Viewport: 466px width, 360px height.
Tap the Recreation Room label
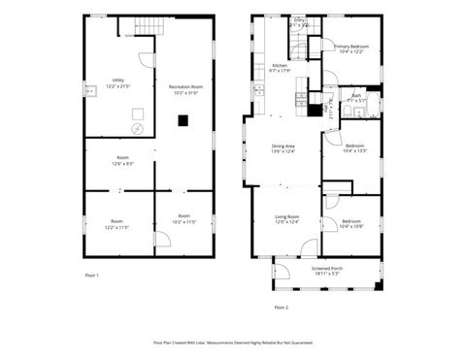pos(184,90)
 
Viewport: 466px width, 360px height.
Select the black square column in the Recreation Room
pos(183,121)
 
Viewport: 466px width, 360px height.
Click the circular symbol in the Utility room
pos(137,128)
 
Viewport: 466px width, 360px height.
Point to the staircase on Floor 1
pos(137,30)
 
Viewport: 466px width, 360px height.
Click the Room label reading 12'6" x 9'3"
pos(123,160)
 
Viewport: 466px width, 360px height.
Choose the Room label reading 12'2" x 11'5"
pos(117,222)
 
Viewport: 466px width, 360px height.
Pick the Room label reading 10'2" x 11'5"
pos(184,218)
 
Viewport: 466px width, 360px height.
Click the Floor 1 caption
pos(92,276)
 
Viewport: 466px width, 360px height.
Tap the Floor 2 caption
pos(281,307)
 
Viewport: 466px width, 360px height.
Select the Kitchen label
pos(280,68)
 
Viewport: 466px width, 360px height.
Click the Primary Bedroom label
pos(351,49)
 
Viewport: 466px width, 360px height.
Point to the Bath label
pos(357,97)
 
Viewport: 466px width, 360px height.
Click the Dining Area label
pos(284,148)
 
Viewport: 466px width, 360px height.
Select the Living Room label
pos(285,219)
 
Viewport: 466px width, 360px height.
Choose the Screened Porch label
pos(327,271)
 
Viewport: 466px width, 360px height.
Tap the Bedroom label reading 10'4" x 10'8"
pos(352,224)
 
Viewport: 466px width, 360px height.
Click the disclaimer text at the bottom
pos(231,342)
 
